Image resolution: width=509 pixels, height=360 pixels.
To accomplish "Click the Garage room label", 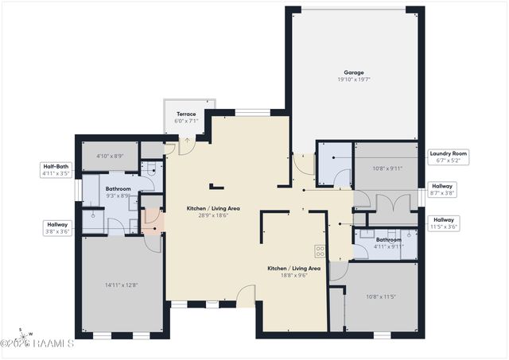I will [354, 72].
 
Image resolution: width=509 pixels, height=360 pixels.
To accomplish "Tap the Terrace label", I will [186, 114].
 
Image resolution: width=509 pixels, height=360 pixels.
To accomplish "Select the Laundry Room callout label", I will [449, 153].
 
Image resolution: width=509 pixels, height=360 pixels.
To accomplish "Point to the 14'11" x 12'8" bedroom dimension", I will [121, 285].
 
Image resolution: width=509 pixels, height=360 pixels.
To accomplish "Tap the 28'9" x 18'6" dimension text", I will [213, 215].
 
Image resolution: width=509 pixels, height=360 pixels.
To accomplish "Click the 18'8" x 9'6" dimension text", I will [293, 276].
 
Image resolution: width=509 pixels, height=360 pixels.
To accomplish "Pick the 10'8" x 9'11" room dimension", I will [388, 168].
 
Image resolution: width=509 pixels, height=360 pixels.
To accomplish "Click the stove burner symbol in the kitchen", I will [320, 250].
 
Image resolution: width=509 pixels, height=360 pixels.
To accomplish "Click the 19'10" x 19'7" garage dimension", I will [354, 79].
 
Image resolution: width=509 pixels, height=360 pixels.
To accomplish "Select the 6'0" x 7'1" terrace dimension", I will [186, 121].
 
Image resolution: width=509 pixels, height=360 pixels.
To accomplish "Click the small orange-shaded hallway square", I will [151, 222].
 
